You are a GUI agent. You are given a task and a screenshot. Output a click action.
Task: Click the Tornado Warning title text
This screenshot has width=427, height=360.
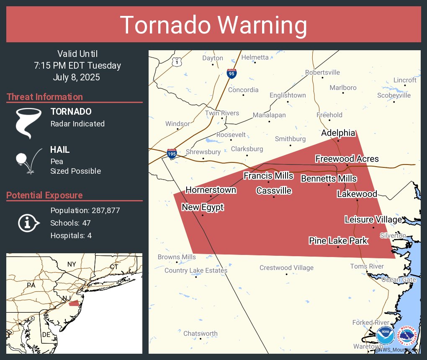[x=213, y=25]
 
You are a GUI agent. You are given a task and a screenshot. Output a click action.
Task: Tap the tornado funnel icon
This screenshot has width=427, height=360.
[x=28, y=123]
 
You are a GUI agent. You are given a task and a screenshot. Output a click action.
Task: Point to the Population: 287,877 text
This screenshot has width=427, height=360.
[x=85, y=210]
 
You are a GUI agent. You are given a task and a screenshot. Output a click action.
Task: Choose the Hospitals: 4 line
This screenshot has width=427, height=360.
[x=71, y=235]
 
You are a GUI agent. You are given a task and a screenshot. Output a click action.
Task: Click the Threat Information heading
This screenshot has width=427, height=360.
[x=45, y=97]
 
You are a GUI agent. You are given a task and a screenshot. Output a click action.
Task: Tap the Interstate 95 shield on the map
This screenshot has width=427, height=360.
[x=231, y=73]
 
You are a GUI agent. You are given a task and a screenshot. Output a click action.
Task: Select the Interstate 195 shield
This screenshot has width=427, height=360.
[x=172, y=154]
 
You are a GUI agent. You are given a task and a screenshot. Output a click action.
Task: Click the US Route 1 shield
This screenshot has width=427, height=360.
[x=178, y=62]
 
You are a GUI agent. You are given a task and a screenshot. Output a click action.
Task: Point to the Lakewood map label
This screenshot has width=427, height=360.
[x=357, y=194]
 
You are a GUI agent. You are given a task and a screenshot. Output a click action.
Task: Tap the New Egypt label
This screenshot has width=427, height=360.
[x=203, y=207]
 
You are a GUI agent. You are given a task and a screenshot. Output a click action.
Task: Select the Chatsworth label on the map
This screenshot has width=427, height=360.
[x=201, y=334]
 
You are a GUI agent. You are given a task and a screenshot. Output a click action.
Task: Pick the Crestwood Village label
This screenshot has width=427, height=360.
[x=286, y=268]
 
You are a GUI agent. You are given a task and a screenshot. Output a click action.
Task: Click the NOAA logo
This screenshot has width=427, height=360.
[x=385, y=335]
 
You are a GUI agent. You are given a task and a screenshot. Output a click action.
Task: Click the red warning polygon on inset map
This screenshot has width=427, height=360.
[x=74, y=303]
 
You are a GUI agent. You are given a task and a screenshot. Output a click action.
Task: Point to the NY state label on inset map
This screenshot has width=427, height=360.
[x=72, y=264]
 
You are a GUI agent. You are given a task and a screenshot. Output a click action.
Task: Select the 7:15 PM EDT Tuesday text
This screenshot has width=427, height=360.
[x=77, y=66]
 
